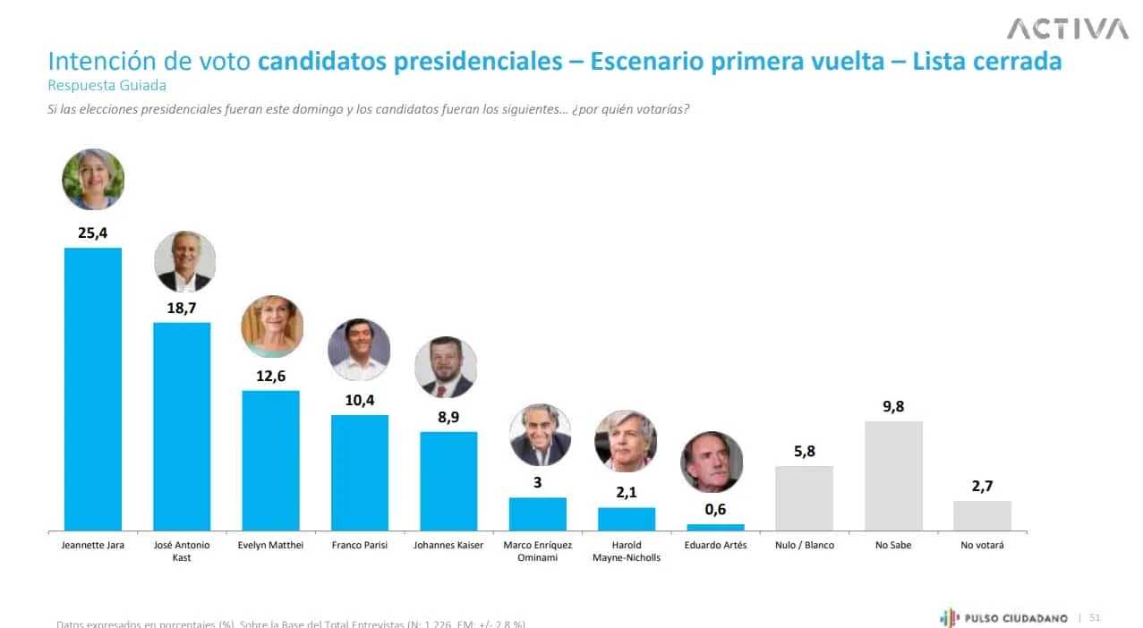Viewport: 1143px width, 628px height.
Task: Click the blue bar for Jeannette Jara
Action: (x=93, y=389)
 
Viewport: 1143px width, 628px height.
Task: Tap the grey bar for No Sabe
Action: (x=893, y=476)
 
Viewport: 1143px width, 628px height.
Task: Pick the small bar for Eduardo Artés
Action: (x=715, y=528)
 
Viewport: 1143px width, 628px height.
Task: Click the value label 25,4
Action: (x=93, y=233)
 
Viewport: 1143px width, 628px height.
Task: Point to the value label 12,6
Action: (x=270, y=376)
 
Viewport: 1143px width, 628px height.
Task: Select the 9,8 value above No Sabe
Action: (x=893, y=407)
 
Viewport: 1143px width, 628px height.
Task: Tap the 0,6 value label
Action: (x=715, y=510)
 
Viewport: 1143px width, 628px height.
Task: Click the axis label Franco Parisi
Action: (x=359, y=545)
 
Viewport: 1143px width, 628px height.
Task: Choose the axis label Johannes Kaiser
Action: (x=448, y=545)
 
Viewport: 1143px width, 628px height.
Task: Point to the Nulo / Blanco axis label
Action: (x=804, y=545)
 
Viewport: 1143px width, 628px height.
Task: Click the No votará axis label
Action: (x=982, y=545)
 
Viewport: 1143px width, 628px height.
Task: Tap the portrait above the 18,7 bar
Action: (x=184, y=262)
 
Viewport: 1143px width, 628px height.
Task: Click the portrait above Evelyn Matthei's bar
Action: (x=272, y=327)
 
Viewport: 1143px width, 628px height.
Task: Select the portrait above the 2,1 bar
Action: (x=626, y=441)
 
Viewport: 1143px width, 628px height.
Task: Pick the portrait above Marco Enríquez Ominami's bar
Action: (x=540, y=436)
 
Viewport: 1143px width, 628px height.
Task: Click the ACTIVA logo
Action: (x=1067, y=30)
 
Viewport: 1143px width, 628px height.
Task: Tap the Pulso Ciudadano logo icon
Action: (x=949, y=617)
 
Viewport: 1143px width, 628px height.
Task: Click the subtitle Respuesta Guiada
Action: (x=107, y=86)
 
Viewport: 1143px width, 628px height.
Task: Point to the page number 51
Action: (x=1095, y=617)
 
